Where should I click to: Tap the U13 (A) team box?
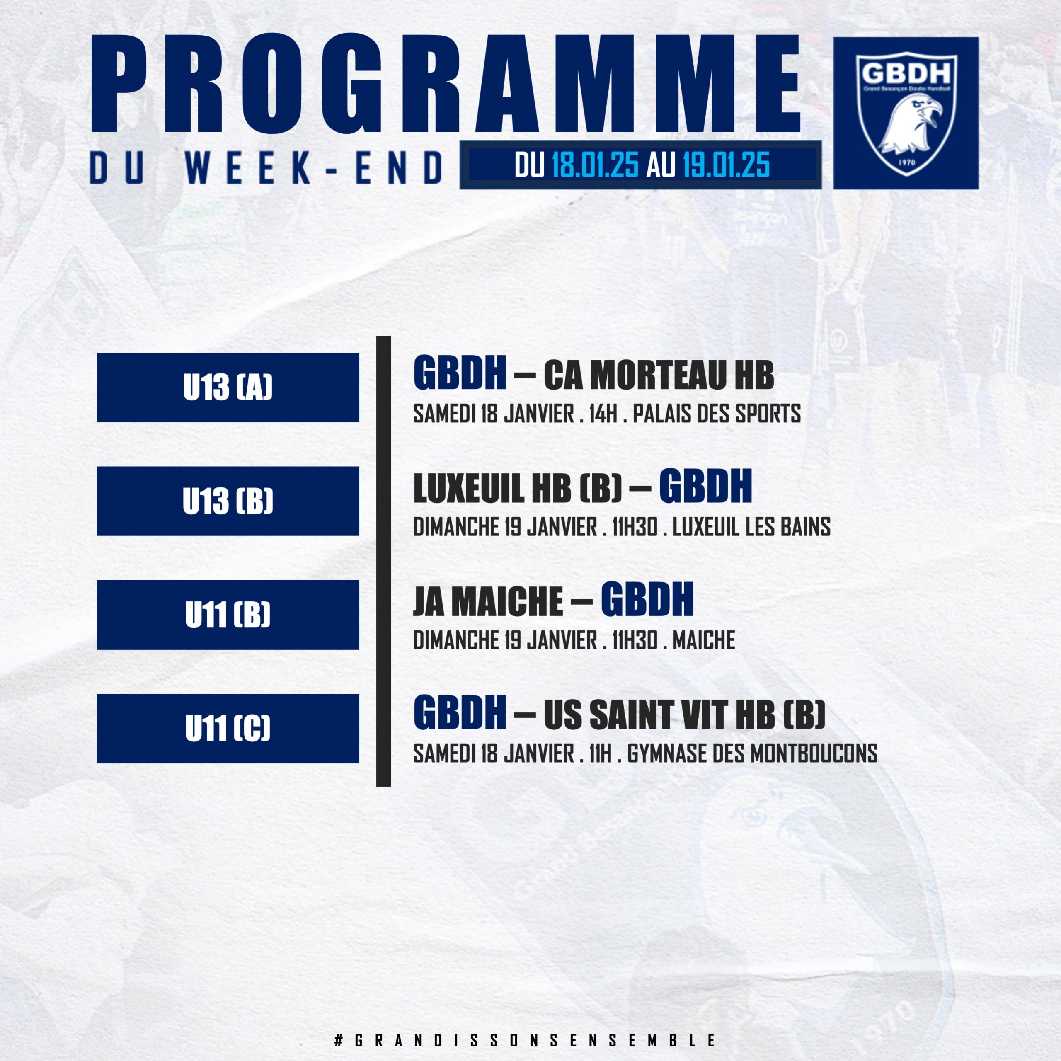click(228, 387)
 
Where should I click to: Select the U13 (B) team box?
click(228, 501)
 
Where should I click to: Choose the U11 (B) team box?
click(228, 615)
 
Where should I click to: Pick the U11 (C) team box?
click(228, 728)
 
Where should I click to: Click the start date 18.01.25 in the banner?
click(595, 165)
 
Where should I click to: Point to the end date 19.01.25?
click(726, 165)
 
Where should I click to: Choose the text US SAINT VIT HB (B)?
click(684, 715)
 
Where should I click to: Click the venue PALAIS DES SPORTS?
click(717, 414)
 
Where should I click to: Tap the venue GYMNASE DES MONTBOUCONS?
click(752, 753)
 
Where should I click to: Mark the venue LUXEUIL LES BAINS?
click(751, 527)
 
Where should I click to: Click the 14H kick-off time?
click(603, 414)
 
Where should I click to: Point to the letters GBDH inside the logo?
click(906, 73)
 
